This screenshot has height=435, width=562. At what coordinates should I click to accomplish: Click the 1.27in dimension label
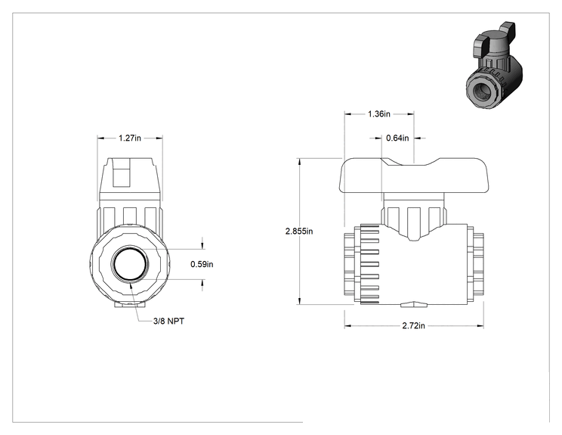(x=130, y=138)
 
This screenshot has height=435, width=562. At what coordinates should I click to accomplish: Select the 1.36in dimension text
(x=379, y=114)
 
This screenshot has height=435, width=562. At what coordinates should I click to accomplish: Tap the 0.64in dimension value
(x=397, y=138)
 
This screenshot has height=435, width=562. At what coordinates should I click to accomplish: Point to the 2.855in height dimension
(x=299, y=231)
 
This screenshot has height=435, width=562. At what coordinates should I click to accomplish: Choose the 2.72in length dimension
(x=413, y=326)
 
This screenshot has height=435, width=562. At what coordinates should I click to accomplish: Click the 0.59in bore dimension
(x=202, y=264)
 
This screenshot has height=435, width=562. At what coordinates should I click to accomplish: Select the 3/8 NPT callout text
(x=168, y=322)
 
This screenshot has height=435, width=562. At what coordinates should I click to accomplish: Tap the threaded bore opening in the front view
(x=130, y=264)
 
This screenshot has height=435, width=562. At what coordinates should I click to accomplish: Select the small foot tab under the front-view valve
(x=130, y=305)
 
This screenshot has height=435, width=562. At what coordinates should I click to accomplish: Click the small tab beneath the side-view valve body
(x=414, y=305)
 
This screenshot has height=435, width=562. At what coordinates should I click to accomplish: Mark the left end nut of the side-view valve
(x=350, y=264)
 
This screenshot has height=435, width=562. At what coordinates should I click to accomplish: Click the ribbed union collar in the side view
(x=370, y=265)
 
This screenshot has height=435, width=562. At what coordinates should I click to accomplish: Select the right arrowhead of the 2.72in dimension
(x=480, y=326)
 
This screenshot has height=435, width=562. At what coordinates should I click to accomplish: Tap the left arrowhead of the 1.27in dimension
(x=101, y=138)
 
